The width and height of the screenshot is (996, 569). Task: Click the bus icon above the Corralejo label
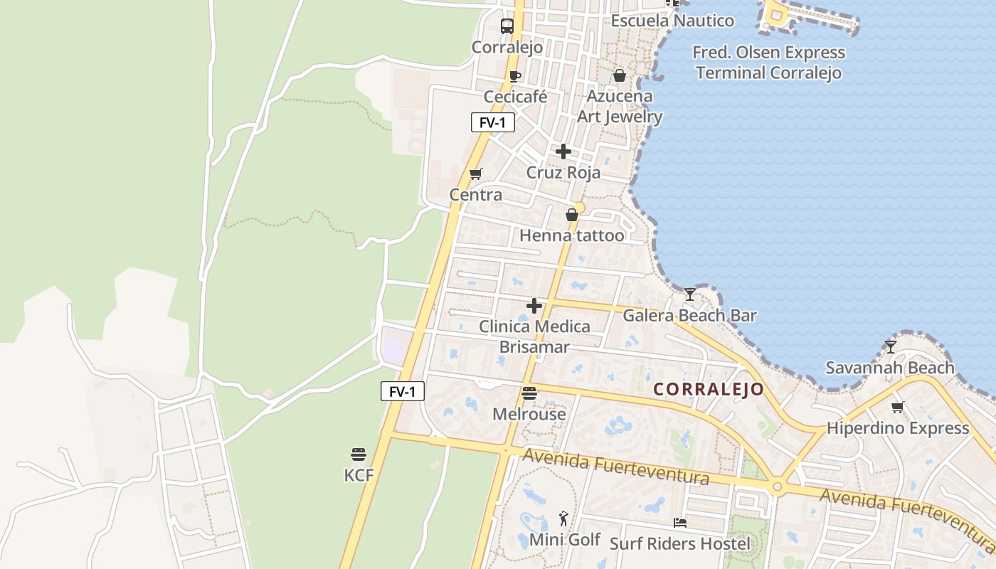click(507, 26)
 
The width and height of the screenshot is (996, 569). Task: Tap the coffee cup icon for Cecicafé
click(515, 76)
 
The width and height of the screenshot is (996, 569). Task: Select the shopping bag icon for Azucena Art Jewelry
click(620, 75)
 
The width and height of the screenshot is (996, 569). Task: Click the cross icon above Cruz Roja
click(563, 151)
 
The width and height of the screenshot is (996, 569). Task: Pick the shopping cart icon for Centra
click(476, 174)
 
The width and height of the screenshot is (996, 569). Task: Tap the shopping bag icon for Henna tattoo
click(571, 215)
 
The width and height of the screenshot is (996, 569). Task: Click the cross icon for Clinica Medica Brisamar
click(534, 306)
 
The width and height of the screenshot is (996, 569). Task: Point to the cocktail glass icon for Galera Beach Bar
click(690, 294)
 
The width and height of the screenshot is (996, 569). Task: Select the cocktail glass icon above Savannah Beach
click(890, 346)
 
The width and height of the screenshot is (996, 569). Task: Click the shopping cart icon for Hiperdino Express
click(898, 408)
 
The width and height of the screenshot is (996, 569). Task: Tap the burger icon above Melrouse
click(529, 393)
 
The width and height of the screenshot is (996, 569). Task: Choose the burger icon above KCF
click(359, 454)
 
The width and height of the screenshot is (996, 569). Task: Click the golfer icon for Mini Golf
click(564, 519)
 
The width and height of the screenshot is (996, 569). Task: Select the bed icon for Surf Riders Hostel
click(680, 523)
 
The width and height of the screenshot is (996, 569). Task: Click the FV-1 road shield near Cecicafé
click(492, 122)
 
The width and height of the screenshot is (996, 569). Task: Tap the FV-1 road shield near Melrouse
click(403, 391)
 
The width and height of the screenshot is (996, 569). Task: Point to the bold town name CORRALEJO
click(709, 389)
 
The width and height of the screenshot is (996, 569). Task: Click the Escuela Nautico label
click(672, 21)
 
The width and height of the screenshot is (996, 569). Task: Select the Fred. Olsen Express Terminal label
click(768, 63)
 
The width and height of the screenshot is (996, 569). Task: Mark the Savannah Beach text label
click(889, 368)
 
